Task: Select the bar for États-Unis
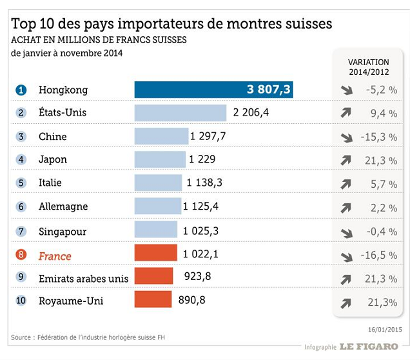click(180, 113)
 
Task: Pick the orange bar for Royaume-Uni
click(153, 300)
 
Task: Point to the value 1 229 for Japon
click(202, 159)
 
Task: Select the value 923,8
click(199, 277)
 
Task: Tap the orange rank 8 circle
click(21, 255)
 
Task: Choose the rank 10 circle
click(21, 301)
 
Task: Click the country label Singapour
click(63, 231)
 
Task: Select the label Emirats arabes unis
click(83, 278)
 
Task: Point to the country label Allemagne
click(63, 207)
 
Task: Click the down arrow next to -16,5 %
click(346, 256)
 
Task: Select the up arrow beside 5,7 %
click(346, 184)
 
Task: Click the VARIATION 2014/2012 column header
click(368, 67)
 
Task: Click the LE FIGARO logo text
click(369, 346)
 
